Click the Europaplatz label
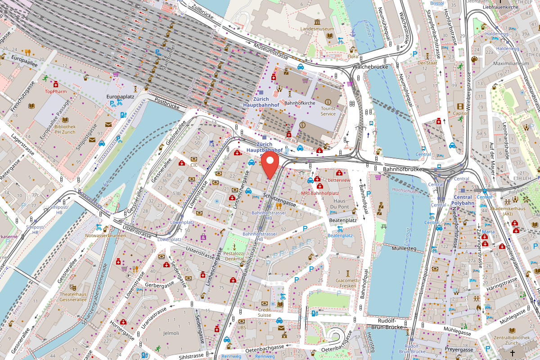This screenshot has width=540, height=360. click(x=118, y=96)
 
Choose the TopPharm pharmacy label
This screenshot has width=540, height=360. click(x=56, y=91)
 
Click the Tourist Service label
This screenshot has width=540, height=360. click(x=328, y=111)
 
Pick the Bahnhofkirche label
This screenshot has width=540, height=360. click(x=300, y=103)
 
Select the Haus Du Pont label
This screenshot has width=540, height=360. click(x=340, y=203)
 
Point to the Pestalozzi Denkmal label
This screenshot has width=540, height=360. click(x=234, y=256)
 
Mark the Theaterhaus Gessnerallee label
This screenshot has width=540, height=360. click(x=73, y=297)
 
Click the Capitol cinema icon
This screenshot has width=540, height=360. click(x=460, y=107)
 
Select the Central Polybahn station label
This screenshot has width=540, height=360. click(x=463, y=200)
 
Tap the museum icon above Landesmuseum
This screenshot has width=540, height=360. click(x=318, y=22)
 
